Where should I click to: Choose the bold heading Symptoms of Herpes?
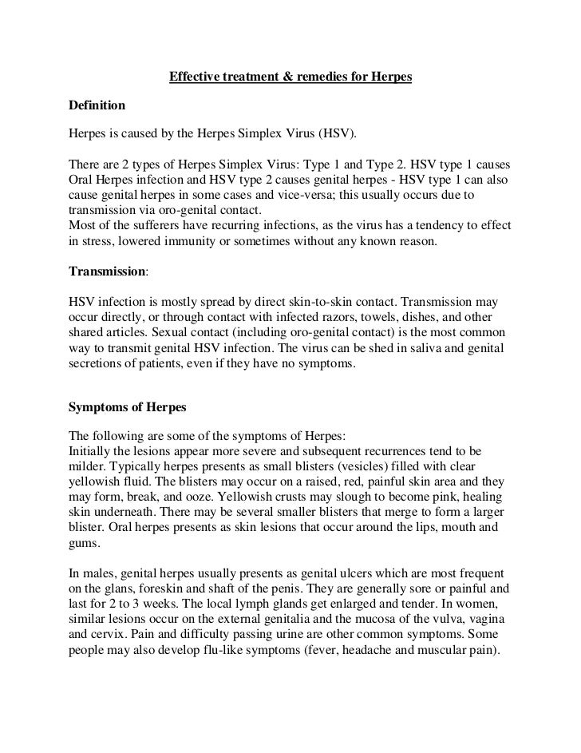(128, 406)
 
